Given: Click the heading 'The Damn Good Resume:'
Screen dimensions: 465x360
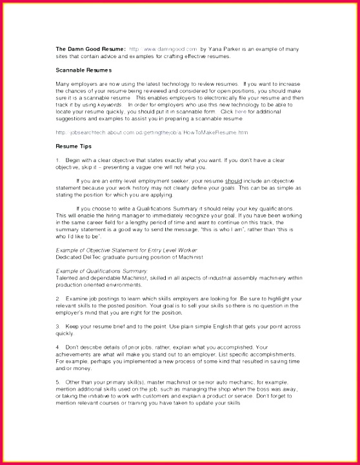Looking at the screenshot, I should [90, 49].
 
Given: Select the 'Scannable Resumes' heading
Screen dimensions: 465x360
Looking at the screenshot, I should [83, 69].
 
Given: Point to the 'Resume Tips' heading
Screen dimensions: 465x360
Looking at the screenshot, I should [74, 147].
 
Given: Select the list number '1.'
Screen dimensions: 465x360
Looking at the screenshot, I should [58, 160].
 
